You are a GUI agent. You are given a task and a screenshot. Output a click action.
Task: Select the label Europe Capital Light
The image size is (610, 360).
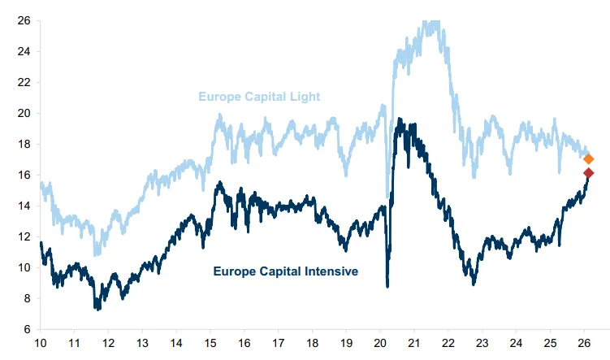pyautogui.click(x=259, y=98)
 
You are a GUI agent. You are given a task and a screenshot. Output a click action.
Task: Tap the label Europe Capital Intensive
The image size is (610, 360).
pyautogui.click(x=285, y=271)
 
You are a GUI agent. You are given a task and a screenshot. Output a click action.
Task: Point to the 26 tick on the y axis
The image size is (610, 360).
pyautogui.click(x=24, y=20)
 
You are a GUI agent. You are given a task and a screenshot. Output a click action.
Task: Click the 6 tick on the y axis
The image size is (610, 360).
pyautogui.click(x=27, y=329)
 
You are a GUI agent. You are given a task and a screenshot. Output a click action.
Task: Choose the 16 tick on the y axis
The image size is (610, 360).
pyautogui.click(x=24, y=175)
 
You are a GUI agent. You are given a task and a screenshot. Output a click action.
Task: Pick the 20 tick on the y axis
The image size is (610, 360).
pyautogui.click(x=24, y=113)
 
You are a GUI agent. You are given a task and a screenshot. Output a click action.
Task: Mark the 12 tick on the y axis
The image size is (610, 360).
pyautogui.click(x=24, y=236)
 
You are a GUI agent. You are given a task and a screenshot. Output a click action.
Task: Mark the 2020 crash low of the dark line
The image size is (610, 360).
pyautogui.click(x=387, y=285)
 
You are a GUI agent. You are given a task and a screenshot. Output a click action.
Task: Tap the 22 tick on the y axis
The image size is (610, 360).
pyautogui.click(x=24, y=82)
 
